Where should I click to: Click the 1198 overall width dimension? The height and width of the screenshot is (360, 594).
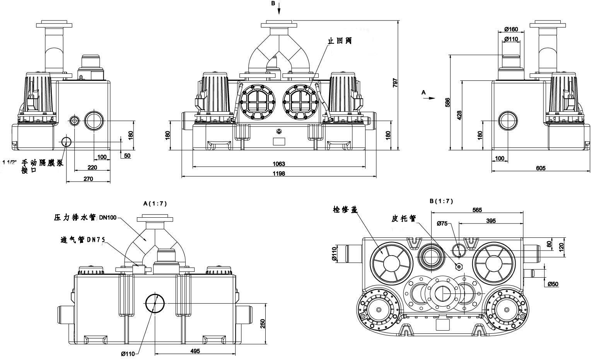pos(278,174)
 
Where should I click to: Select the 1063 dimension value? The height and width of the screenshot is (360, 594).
pos(278,164)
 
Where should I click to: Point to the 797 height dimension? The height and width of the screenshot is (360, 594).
pos(395,83)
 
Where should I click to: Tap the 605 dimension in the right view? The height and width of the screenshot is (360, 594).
pos(541,168)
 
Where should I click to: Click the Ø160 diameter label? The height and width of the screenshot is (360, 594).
pos(511,29)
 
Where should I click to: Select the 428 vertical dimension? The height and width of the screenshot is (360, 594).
pos(459,115)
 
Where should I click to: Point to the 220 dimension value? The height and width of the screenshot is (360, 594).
pos(92,167)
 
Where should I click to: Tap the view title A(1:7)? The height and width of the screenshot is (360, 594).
pos(155,203)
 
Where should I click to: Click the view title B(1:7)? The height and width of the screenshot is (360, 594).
pos(441,201)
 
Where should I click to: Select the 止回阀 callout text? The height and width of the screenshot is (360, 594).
pos(339,40)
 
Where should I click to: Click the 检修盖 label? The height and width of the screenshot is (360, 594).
pos(344,210)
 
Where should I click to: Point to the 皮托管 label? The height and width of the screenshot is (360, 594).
pos(403,218)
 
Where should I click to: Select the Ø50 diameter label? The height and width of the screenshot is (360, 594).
pos(553,284)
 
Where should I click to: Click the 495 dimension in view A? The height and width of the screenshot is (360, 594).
pos(195,351)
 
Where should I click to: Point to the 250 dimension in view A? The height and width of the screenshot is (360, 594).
pos(263,323)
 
